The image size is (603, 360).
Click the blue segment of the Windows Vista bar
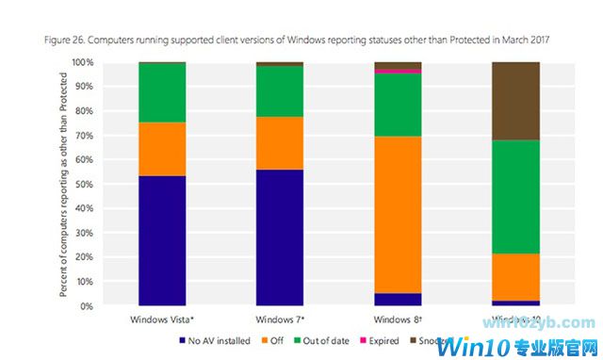(x=162, y=240)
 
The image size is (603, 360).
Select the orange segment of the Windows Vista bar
(x=162, y=149)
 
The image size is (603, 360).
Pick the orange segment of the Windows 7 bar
(x=280, y=142)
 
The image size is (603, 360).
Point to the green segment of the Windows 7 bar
(x=280, y=91)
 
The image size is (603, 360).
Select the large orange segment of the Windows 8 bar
(x=398, y=214)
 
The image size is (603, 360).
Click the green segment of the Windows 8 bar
(x=398, y=105)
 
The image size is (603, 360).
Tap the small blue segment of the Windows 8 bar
(x=398, y=300)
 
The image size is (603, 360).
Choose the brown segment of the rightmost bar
(x=515, y=101)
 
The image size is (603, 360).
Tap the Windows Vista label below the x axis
(x=162, y=319)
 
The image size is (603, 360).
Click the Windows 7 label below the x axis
(x=280, y=319)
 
